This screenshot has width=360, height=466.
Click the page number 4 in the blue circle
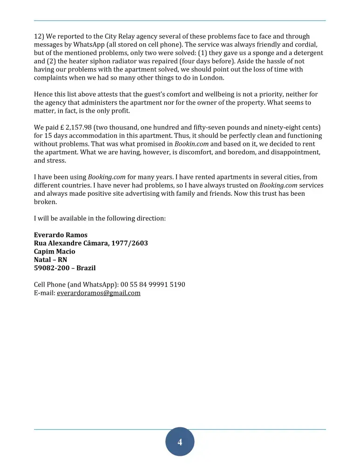click(x=180, y=442)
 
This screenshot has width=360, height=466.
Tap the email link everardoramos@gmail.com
click(x=98, y=293)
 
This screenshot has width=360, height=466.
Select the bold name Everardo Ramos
click(x=61, y=235)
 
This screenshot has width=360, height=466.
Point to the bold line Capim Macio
click(x=54, y=252)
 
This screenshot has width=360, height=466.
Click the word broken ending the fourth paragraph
click(x=45, y=202)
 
